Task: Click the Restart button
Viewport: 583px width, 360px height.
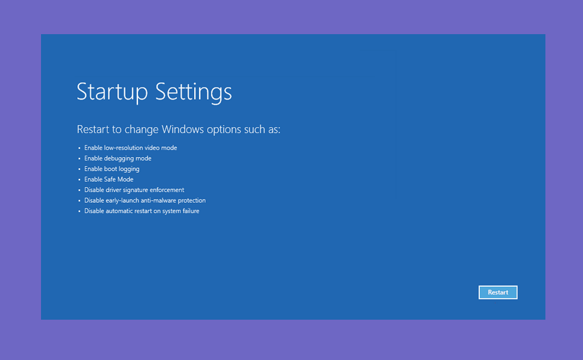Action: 498,292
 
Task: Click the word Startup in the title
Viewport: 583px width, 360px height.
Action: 112,92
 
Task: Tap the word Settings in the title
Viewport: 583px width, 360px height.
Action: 193,92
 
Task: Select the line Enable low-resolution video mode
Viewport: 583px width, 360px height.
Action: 131,148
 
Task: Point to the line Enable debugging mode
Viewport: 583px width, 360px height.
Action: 118,158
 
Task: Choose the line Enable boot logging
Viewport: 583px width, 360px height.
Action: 111,169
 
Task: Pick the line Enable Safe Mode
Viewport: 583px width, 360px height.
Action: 109,180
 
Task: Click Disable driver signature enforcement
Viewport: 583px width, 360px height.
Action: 134,190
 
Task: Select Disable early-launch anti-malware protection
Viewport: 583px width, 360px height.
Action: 145,201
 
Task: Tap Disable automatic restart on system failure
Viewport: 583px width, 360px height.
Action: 141,211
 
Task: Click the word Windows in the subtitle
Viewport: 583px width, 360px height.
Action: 182,129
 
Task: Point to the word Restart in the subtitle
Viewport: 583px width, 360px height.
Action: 93,129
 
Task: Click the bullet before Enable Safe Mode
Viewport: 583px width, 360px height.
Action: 79,180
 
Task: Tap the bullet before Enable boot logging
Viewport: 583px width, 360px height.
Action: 79,169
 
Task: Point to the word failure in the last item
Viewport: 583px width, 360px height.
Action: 191,210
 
